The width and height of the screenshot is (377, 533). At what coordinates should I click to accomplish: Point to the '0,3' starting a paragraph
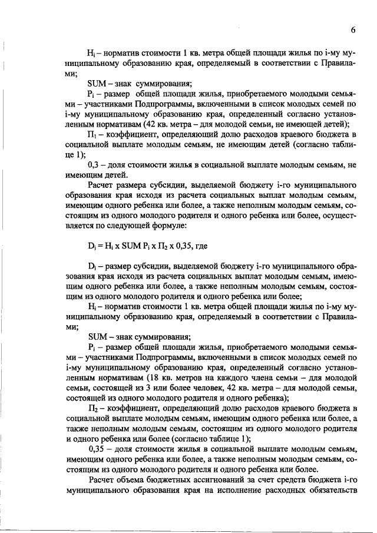(x=94, y=167)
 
